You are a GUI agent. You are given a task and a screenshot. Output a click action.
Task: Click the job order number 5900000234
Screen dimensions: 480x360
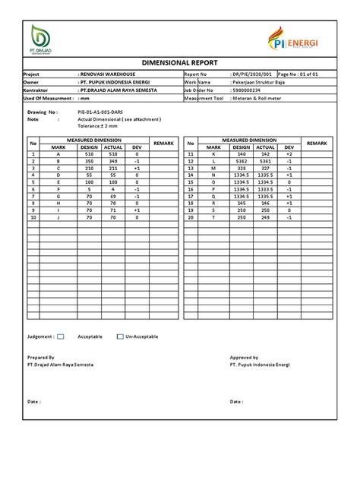pyautogui.click(x=252, y=90)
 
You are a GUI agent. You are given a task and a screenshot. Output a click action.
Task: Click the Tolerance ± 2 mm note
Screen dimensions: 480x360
pyautogui.click(x=103, y=125)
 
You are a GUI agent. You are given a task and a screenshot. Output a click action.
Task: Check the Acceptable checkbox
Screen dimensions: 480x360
pyautogui.click(x=62, y=336)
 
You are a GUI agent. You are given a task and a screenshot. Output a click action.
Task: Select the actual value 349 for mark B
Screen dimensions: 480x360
pyautogui.click(x=112, y=161)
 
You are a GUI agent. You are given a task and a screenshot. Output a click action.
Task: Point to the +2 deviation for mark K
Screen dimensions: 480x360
pyautogui.click(x=289, y=154)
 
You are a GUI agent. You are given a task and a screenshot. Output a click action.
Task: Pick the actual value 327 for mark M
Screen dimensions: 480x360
pyautogui.click(x=265, y=168)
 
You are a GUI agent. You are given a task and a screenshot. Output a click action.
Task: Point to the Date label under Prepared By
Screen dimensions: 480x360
pyautogui.click(x=34, y=400)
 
